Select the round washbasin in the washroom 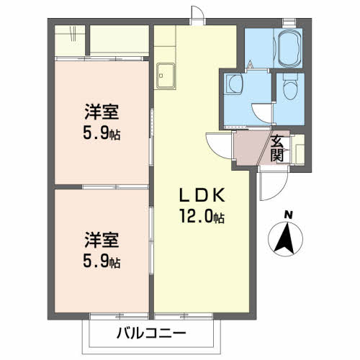(235, 86)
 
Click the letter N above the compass (288, 215)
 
